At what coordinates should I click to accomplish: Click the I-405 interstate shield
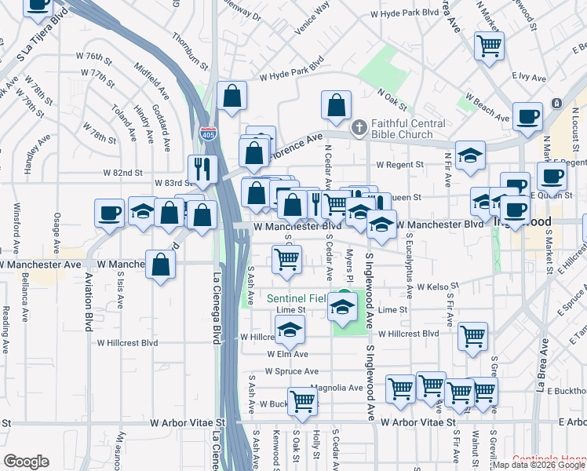208,134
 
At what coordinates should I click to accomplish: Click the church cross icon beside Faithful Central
359,126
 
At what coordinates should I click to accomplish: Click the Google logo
26,461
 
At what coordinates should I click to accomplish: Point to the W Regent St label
399,165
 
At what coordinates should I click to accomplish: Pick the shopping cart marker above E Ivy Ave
489,46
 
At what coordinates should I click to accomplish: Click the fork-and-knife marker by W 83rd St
202,169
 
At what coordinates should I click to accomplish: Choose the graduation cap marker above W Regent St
470,155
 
